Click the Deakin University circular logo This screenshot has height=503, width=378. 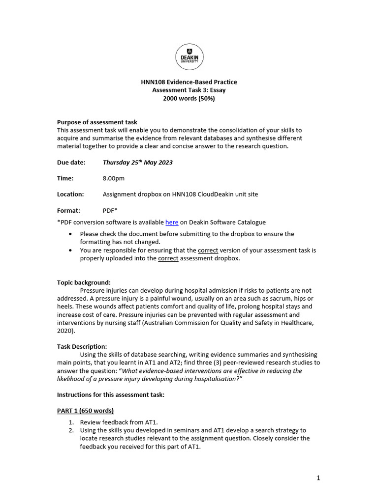[x=189, y=57]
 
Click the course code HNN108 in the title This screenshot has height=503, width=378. [x=152, y=82]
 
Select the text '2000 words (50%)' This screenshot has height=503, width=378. [x=189, y=98]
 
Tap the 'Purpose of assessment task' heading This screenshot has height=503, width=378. [x=97, y=122]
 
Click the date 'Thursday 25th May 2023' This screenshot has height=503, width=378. [x=137, y=163]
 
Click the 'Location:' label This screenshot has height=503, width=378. [x=70, y=194]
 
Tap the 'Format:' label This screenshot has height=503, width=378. [x=69, y=210]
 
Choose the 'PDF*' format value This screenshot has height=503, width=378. [x=110, y=210]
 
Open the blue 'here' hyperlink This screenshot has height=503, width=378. [x=172, y=223]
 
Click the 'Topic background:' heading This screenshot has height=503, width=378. [x=84, y=282]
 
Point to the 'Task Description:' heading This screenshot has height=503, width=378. [x=82, y=346]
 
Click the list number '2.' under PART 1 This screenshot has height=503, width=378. [x=71, y=430]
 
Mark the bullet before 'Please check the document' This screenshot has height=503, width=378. [x=71, y=234]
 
